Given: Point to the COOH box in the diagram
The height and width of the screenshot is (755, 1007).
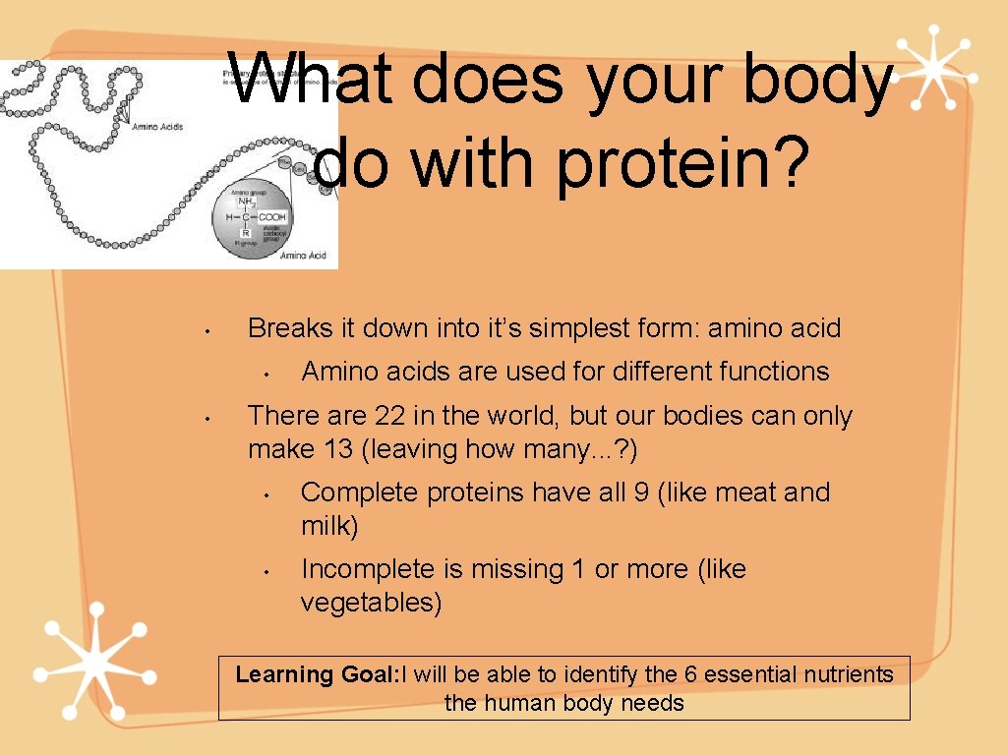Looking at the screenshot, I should pyautogui.click(x=272, y=216).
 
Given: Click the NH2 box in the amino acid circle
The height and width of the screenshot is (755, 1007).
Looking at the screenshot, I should pyautogui.click(x=246, y=203).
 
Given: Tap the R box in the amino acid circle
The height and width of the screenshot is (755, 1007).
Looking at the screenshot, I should pyautogui.click(x=245, y=233).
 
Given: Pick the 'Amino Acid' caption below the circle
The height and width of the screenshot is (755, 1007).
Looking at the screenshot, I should pyautogui.click(x=303, y=256).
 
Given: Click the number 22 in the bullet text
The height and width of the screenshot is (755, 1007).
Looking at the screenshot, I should pyautogui.click(x=389, y=416).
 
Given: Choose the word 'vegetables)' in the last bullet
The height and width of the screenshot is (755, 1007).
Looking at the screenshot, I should pyautogui.click(x=371, y=603).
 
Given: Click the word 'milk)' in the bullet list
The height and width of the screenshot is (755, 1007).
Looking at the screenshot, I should pyautogui.click(x=329, y=526).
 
